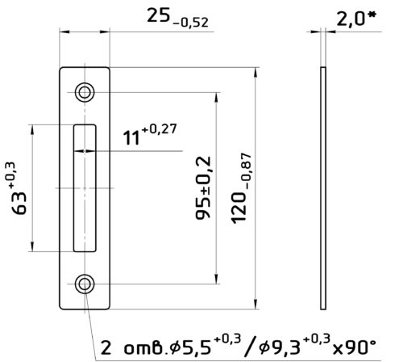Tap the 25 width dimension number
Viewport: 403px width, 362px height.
(159, 15)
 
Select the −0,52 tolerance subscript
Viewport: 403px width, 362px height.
(191, 23)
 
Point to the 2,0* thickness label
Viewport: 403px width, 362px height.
(355, 19)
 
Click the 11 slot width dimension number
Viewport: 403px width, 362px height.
(131, 137)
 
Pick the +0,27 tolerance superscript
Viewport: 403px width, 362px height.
(159, 129)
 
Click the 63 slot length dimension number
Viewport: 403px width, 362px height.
(19, 203)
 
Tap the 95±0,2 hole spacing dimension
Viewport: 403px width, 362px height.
(203, 187)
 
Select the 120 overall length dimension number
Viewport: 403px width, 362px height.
(239, 208)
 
